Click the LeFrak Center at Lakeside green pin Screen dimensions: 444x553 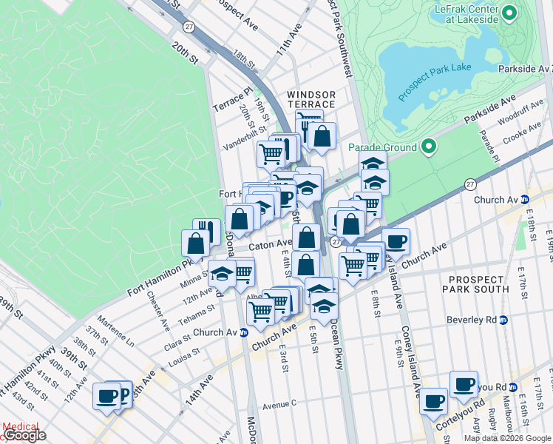[x=509, y=13]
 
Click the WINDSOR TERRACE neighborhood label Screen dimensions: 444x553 [x=311, y=100]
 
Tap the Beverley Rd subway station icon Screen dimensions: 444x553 [x=504, y=320]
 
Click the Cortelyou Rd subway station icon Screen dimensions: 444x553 [x=512, y=387]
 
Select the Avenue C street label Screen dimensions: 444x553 [x=279, y=405]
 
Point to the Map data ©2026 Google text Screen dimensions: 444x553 [x=507, y=438]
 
